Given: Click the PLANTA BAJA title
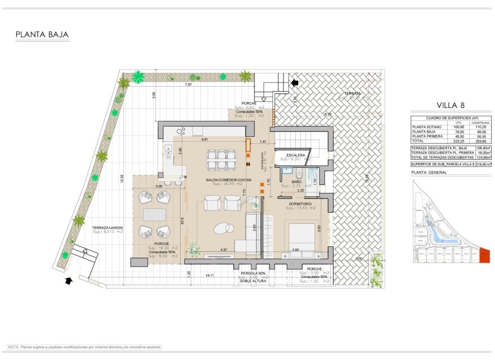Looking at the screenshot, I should [x=42, y=35].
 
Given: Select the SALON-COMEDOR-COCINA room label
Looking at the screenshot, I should [x=224, y=179].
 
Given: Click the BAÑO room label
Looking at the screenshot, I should [x=296, y=183].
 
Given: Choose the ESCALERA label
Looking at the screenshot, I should [x=295, y=155].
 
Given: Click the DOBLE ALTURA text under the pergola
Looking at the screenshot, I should [x=253, y=281].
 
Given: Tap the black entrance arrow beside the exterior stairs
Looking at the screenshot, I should [x=294, y=83].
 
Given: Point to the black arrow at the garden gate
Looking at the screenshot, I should [x=69, y=280].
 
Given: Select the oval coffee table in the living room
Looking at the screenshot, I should [x=223, y=228].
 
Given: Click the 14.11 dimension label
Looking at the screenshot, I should [x=209, y=275].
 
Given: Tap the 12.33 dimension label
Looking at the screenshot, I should [x=121, y=178].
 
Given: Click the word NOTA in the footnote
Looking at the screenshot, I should [x=13, y=347].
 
